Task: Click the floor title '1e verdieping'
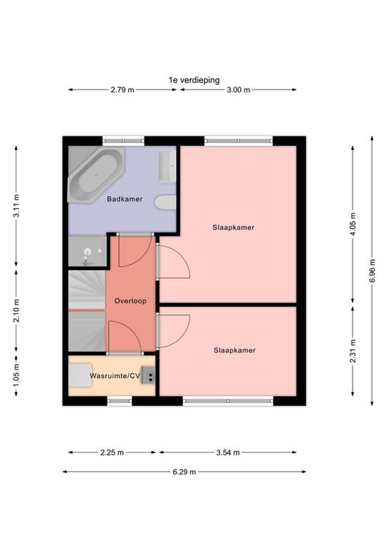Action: point(194,80)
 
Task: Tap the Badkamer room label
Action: point(124,199)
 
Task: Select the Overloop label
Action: point(130,301)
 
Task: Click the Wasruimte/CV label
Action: point(115,376)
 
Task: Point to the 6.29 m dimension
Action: point(184,472)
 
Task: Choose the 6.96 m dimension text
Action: point(372,271)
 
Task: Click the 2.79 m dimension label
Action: point(122,89)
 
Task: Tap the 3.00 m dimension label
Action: point(238,89)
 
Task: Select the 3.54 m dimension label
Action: point(228,452)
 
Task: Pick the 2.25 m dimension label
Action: point(112,452)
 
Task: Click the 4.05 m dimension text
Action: point(353,224)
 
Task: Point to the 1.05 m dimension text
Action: point(16,376)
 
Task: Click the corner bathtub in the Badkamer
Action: point(96,174)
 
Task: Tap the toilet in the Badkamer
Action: point(166,202)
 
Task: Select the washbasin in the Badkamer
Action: point(168,167)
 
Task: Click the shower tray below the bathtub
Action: point(87,251)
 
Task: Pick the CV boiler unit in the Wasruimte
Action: point(148,375)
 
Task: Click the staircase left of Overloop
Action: point(86,311)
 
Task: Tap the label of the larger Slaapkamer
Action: point(234,227)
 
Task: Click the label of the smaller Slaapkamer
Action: point(234,350)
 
